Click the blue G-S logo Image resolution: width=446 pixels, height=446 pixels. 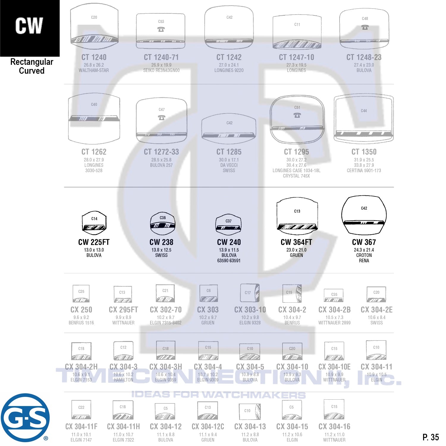25,418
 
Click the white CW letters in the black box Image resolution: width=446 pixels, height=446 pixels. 29,26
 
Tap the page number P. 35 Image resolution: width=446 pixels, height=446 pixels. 431,437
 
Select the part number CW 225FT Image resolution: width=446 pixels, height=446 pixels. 94,242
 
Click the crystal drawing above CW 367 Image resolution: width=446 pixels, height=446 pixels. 364,215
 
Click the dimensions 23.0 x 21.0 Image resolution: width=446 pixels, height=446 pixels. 296,250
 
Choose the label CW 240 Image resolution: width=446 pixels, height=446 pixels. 229,242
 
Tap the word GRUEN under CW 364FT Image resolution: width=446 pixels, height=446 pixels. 296,255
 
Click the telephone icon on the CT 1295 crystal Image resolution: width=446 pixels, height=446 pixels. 297,115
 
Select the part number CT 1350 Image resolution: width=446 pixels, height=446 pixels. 364,152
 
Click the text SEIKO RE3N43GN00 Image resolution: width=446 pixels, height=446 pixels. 161,70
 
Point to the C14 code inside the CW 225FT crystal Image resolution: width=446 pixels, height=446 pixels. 94,219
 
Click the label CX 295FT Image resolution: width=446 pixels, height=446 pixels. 123,310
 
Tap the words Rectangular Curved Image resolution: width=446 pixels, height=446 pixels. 32,66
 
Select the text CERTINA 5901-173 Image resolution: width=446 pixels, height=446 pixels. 364,171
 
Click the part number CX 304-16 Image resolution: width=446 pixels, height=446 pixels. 334,427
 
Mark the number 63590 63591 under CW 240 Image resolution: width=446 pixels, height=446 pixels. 229,261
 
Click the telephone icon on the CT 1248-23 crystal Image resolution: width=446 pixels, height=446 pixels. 365,27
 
